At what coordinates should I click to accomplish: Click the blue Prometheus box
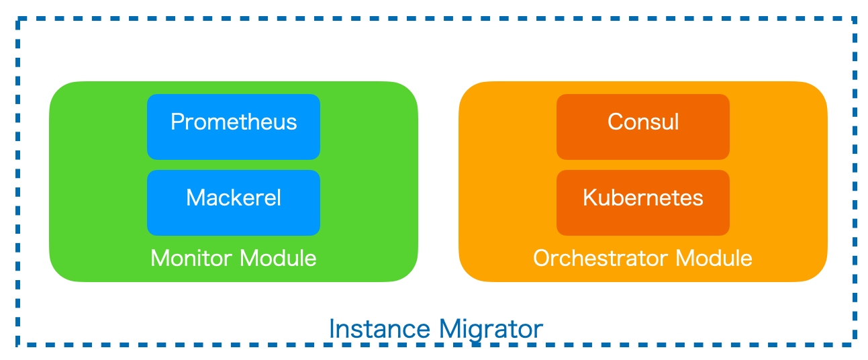tap(233, 126)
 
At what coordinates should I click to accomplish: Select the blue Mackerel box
tap(233, 202)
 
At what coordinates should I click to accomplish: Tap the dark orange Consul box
tap(642, 126)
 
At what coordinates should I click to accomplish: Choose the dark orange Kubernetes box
tap(642, 202)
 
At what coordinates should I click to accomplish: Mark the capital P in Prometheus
tap(177, 122)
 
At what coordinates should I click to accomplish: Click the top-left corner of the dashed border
tap(18, 19)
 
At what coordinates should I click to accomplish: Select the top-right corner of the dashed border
tap(855, 19)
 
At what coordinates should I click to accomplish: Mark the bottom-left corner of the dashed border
tap(18, 344)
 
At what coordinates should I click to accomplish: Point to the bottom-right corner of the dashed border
tap(855, 344)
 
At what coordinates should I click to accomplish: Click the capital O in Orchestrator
tap(542, 258)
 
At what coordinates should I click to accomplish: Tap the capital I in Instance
tap(332, 329)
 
